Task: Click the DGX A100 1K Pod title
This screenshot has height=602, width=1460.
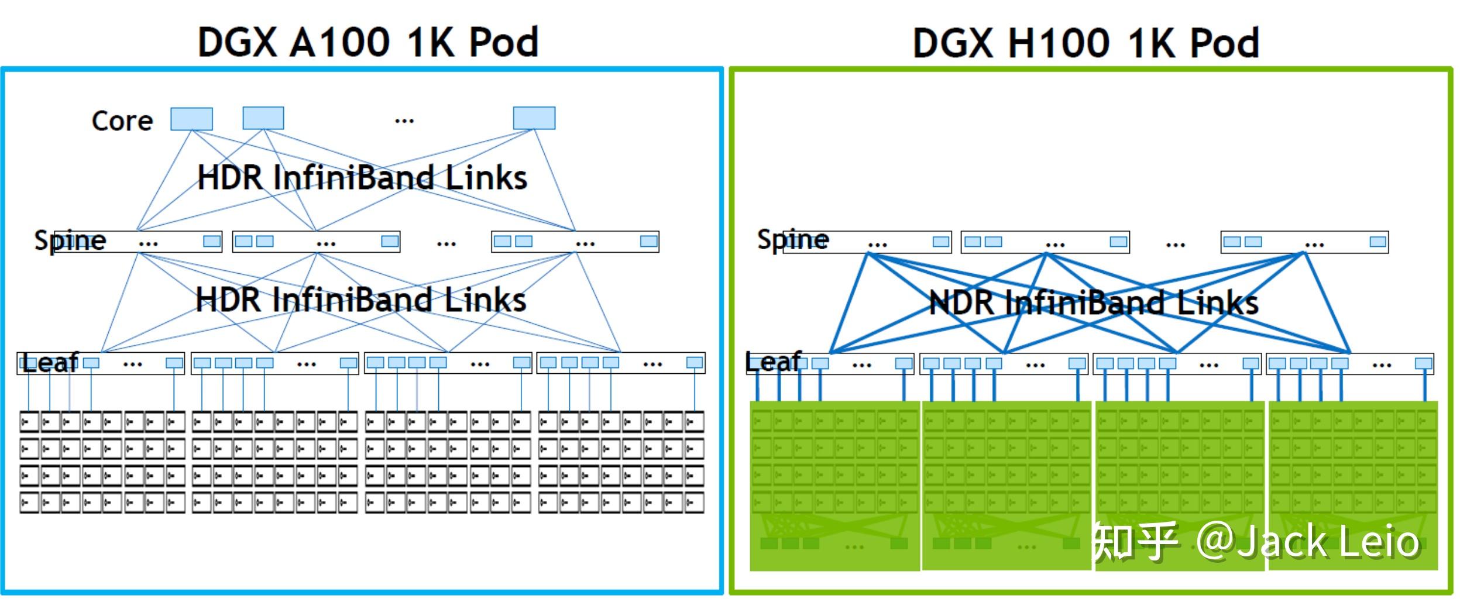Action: (367, 42)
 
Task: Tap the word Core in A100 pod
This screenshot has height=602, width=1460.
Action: (122, 121)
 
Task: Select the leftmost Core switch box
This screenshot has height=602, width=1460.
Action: (191, 119)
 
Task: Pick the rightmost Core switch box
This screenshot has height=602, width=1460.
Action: (534, 118)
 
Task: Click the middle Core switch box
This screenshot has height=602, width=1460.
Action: (263, 118)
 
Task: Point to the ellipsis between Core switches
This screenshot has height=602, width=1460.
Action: (404, 121)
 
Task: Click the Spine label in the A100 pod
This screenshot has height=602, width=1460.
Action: (70, 240)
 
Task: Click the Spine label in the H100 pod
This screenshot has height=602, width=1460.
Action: (793, 240)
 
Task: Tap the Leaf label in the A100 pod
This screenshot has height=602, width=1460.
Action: (50, 363)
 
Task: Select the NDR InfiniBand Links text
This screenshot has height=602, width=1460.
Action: (1093, 303)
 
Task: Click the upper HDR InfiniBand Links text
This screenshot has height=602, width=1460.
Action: (362, 178)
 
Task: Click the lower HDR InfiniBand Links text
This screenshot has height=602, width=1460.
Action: (361, 300)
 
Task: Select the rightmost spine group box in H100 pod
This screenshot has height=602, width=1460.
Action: (1304, 242)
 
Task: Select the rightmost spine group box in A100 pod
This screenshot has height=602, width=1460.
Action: (575, 242)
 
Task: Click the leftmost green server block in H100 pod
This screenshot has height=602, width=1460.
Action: (834, 486)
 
